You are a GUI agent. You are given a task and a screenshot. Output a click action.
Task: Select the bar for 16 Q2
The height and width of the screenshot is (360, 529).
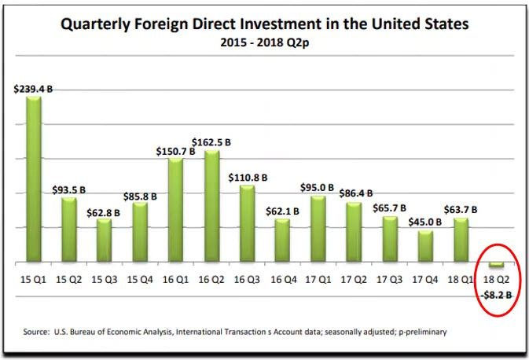pyautogui.click(x=211, y=206)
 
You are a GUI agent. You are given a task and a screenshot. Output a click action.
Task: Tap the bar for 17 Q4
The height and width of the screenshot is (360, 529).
pyautogui.click(x=424, y=245)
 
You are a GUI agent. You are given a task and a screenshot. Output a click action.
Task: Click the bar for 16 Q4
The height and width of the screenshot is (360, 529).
pyautogui.click(x=282, y=240)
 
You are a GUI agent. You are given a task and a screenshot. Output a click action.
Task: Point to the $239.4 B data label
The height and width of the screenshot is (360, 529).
pyautogui.click(x=34, y=90)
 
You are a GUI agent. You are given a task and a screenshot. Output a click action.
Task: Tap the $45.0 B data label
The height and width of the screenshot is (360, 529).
pyautogui.click(x=425, y=222)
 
